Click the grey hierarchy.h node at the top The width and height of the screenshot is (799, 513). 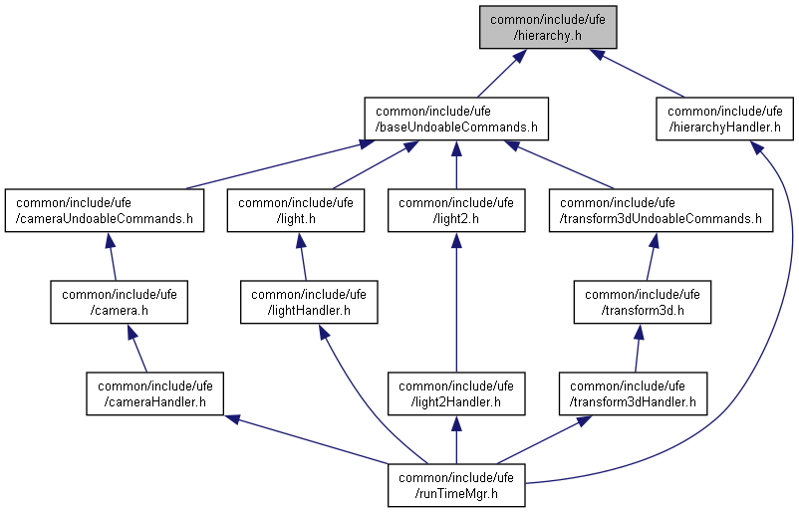point(547,26)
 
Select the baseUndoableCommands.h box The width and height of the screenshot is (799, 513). point(456,119)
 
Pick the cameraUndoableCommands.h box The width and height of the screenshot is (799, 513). point(104,209)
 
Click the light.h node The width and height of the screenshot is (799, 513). point(296,209)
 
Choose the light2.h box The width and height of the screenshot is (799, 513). point(456,209)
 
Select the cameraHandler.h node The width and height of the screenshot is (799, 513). point(155,393)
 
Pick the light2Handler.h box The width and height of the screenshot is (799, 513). point(456,393)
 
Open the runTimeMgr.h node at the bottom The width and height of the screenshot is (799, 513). point(456,485)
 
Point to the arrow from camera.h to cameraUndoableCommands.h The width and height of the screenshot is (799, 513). point(113,256)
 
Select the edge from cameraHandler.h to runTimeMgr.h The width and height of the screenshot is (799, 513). point(309,439)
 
